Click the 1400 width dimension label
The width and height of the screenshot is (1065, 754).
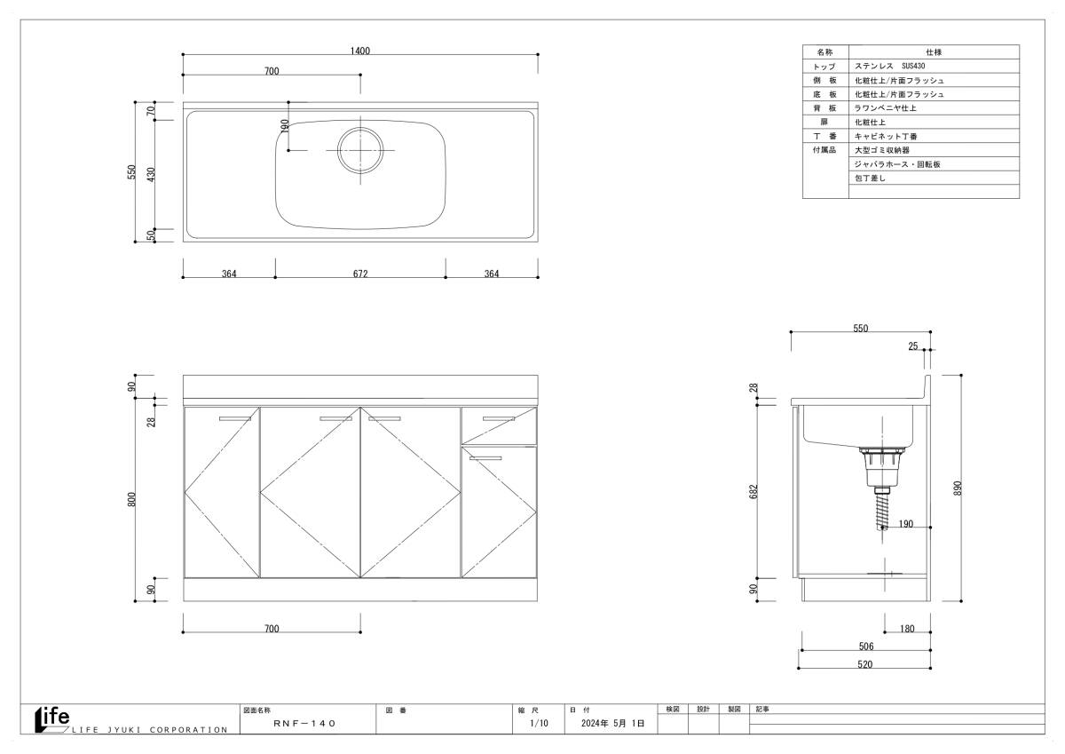[360, 51]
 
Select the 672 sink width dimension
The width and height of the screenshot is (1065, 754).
[360, 274]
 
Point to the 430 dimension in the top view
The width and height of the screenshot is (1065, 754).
[151, 174]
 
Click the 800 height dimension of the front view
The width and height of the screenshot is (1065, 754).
[131, 499]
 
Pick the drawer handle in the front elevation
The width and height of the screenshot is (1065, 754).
[498, 418]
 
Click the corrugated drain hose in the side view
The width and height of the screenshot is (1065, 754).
[882, 512]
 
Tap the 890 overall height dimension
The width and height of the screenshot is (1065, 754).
[958, 488]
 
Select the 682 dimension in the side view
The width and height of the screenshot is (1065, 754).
[753, 491]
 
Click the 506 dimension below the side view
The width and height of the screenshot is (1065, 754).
[866, 646]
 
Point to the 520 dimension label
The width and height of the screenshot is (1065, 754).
[864, 664]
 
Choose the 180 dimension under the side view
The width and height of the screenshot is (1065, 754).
[907, 629]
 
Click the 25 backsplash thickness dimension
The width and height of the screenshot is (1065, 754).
[913, 345]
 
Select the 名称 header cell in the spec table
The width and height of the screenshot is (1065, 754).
[824, 52]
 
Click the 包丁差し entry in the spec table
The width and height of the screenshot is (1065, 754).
[870, 178]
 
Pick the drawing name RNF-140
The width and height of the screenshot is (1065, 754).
[304, 723]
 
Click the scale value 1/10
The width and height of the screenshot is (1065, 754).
[539, 723]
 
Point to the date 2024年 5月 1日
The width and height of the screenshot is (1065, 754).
[613, 723]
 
